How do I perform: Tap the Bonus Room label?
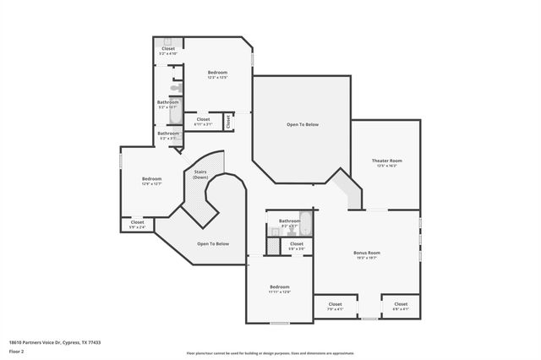click(367, 254)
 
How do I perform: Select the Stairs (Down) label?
click(200, 175)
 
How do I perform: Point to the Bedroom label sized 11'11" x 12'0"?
click(280, 289)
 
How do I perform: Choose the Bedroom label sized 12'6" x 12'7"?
click(151, 181)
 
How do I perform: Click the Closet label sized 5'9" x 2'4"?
click(137, 224)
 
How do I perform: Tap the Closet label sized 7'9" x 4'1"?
click(335, 306)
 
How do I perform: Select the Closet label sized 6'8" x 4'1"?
click(401, 306)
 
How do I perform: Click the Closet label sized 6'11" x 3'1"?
click(203, 122)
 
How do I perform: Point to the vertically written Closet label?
click(228, 122)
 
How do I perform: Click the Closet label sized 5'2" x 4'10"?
click(168, 51)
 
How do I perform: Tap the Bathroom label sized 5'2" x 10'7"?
click(168, 105)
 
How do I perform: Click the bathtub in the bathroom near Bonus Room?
click(306, 224)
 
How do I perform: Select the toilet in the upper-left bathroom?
click(175, 87)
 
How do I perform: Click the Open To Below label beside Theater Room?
click(303, 125)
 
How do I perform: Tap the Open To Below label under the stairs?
click(213, 244)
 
